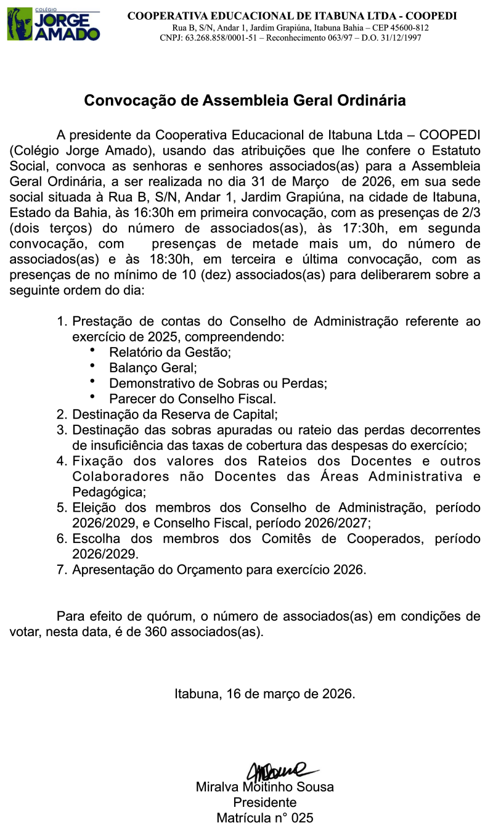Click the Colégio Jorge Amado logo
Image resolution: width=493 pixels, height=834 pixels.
click(x=53, y=24)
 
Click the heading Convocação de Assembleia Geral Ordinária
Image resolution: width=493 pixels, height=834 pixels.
click(x=245, y=100)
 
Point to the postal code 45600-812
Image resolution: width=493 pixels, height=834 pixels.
click(x=408, y=28)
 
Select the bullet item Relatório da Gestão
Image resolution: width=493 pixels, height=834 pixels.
click(x=169, y=353)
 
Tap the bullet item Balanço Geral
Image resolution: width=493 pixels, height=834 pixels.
click(x=153, y=368)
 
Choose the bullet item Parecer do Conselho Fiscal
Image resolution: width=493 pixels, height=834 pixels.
click(x=193, y=399)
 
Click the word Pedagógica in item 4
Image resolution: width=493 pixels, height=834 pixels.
click(x=109, y=493)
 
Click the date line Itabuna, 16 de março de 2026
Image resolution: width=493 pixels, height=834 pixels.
click(x=264, y=693)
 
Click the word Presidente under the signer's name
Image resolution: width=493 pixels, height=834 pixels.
click(x=264, y=803)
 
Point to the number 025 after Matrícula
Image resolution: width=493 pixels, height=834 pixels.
click(x=302, y=818)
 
